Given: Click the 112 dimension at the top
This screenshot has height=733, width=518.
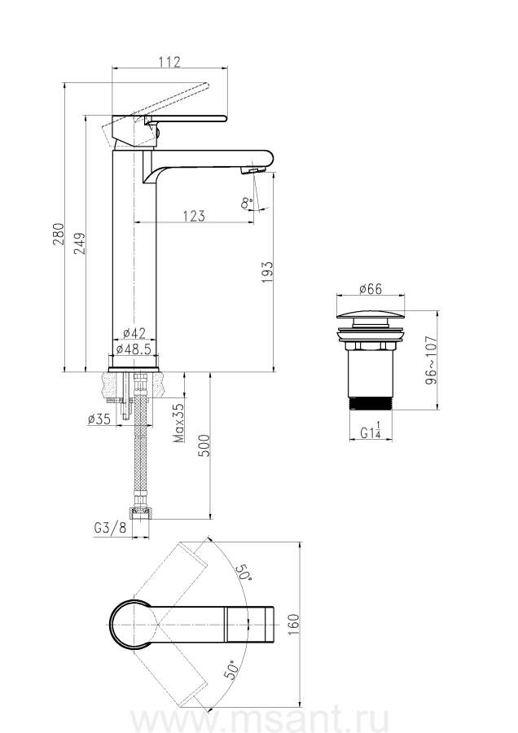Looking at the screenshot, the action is [x=169, y=62].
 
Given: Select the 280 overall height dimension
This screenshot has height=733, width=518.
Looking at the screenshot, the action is [x=58, y=235].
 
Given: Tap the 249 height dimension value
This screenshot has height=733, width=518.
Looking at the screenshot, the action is [x=80, y=243].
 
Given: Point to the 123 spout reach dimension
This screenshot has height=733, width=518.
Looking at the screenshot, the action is [x=194, y=216].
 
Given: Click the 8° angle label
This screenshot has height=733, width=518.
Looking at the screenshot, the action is [x=247, y=204].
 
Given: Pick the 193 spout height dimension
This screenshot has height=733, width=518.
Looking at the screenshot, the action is [x=266, y=272].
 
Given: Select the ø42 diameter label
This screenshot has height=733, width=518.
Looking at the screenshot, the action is [x=134, y=333].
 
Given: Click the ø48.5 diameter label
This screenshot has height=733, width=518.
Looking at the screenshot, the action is [x=134, y=349].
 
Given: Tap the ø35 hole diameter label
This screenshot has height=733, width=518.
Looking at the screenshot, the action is [x=99, y=419].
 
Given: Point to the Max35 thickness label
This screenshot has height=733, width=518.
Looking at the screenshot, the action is [x=179, y=423].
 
